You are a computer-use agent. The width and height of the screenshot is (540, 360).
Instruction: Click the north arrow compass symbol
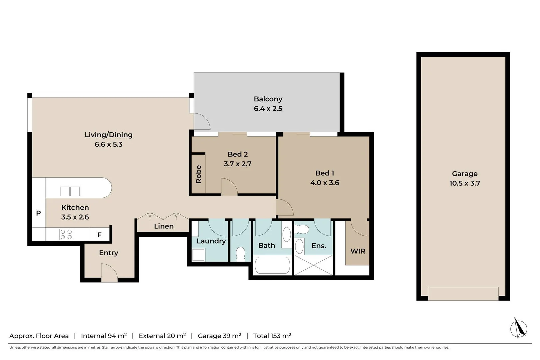tap(518, 328)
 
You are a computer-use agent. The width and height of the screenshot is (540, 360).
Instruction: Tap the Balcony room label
tap(268, 99)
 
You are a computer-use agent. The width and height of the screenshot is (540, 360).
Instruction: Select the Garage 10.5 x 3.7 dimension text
tap(464, 183)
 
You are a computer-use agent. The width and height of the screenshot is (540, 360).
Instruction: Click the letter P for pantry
tap(38, 213)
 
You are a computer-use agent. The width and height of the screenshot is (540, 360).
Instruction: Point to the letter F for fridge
tap(99, 235)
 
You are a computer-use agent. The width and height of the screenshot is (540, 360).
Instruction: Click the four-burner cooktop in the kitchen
tap(66, 234)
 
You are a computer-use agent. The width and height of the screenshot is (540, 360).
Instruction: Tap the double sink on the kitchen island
tap(70, 191)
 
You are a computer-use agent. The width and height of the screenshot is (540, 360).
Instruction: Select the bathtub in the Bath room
tap(272, 265)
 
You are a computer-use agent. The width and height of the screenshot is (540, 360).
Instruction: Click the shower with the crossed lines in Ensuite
tap(314, 265)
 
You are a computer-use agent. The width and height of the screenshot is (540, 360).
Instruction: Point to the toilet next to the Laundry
tap(240, 254)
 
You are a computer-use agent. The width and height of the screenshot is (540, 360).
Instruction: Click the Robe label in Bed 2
tap(198, 174)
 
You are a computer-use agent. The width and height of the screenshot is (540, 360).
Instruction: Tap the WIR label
tap(358, 251)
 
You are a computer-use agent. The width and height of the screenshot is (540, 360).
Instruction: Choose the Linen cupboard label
tap(164, 226)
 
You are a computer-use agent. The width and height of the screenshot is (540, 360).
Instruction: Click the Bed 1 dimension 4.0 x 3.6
tap(324, 183)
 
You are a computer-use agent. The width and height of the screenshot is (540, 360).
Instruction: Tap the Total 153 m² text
tap(272, 336)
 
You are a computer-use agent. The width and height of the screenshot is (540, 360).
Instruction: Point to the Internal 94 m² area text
tap(104, 336)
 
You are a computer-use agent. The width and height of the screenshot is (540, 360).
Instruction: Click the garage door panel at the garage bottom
tap(463, 293)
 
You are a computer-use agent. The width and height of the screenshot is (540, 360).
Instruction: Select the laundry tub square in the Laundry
tap(199, 255)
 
